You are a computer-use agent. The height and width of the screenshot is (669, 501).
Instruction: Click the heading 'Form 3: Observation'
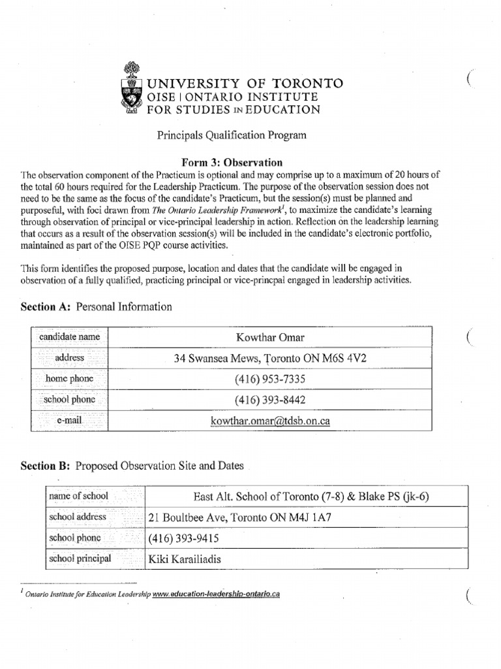232,162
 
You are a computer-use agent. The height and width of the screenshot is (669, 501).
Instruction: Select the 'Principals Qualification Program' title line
231,135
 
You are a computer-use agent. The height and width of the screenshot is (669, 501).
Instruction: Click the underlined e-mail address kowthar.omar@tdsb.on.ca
270,421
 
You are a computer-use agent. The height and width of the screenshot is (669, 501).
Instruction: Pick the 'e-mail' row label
68,421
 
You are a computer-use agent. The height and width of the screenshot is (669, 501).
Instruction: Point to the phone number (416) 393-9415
184,538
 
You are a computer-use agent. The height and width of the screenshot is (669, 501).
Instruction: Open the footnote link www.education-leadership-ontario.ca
216,595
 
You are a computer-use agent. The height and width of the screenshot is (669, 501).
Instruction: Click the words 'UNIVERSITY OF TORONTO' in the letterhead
245,83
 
